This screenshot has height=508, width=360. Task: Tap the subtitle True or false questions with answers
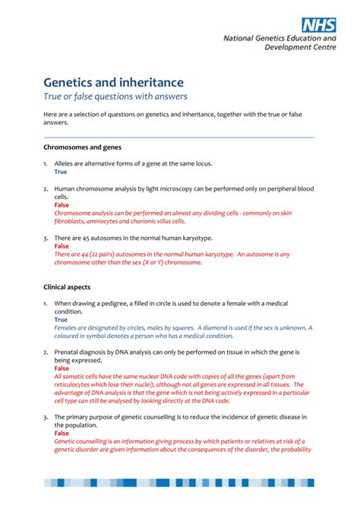point(115,96)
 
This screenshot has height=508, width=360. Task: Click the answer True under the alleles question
point(60,172)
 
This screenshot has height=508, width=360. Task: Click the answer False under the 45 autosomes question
point(62,247)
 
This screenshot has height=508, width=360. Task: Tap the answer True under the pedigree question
point(60,320)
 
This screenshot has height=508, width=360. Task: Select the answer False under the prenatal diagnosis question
point(62,368)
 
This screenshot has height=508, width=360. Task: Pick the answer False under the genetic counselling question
point(62,434)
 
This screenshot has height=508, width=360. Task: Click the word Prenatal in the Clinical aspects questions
point(69,352)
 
